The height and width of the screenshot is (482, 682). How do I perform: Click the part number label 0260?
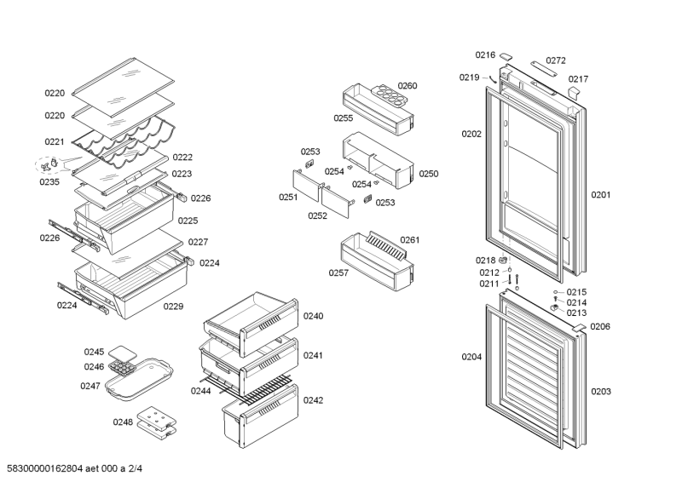click(x=407, y=86)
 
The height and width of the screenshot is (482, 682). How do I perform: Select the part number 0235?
click(x=49, y=181)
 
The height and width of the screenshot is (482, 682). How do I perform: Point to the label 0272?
click(x=556, y=60)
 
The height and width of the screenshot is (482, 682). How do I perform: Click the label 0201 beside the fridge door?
click(x=601, y=195)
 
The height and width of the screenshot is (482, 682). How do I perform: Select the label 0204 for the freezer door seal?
click(x=471, y=357)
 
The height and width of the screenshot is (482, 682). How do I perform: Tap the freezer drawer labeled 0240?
click(x=251, y=324)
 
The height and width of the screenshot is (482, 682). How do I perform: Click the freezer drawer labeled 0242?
click(x=260, y=414)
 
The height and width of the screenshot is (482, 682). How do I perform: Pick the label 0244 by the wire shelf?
click(x=200, y=391)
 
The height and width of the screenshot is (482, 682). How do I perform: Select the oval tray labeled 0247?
click(x=139, y=381)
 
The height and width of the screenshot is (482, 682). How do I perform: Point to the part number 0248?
click(x=123, y=422)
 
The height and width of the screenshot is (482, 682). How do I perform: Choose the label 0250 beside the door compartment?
click(x=428, y=174)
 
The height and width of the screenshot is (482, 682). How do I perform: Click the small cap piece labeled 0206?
click(x=577, y=326)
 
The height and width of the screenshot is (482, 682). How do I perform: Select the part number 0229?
click(x=173, y=306)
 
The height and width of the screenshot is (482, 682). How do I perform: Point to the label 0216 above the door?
click(x=485, y=55)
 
